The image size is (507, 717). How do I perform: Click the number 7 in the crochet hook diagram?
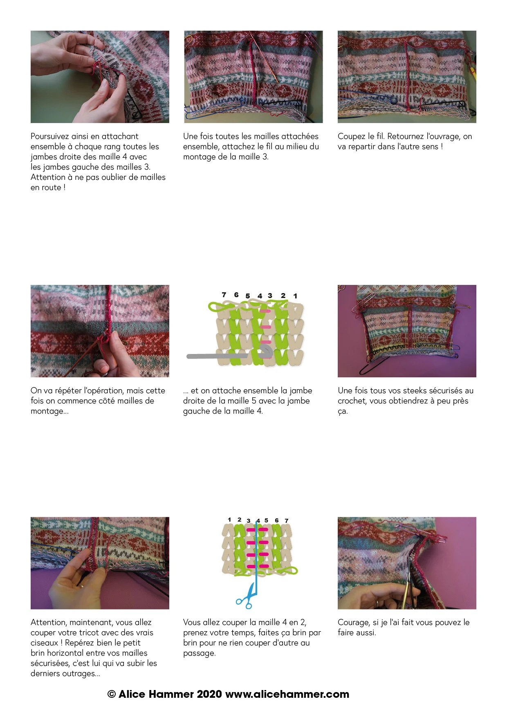tap(224, 294)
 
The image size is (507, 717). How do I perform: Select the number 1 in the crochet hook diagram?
tap(295, 296)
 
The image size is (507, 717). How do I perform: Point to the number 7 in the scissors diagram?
tap(287, 520)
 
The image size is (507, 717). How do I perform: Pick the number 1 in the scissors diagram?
tap(229, 520)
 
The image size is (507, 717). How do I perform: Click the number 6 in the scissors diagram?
tap(277, 520)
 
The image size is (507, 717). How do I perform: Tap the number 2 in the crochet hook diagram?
tap(283, 295)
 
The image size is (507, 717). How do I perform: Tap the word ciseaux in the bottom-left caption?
tap(45, 643)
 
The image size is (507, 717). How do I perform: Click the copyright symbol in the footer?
tap(112, 694)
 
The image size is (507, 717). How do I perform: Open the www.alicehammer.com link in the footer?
tap(287, 694)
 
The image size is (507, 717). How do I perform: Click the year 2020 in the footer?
tap(209, 694)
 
